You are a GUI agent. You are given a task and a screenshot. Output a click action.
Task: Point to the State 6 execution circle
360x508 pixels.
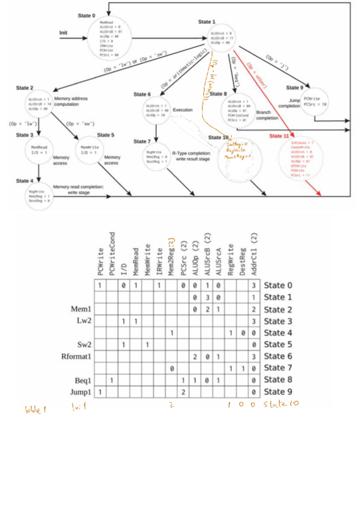[156, 110]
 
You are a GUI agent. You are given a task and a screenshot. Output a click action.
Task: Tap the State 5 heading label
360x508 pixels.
[105, 135]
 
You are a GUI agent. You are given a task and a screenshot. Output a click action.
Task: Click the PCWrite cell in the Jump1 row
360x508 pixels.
[100, 391]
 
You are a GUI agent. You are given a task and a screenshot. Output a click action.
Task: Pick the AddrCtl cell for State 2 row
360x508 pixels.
[254, 309]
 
